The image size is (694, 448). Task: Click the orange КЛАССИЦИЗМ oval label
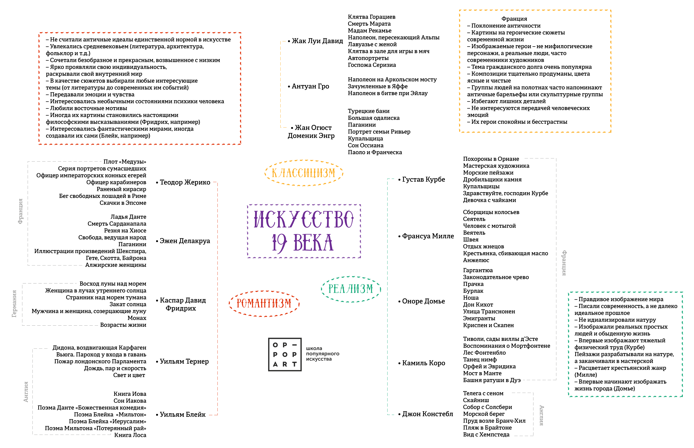(x=304, y=173)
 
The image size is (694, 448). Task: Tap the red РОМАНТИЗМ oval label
(x=264, y=303)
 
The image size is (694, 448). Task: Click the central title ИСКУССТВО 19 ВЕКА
(x=304, y=231)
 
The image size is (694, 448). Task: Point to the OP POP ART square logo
(x=285, y=354)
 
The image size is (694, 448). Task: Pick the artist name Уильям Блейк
(x=183, y=415)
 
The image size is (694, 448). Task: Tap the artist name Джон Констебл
(x=427, y=414)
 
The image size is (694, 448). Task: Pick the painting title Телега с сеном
(x=483, y=393)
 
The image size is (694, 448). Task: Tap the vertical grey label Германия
(x=14, y=303)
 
